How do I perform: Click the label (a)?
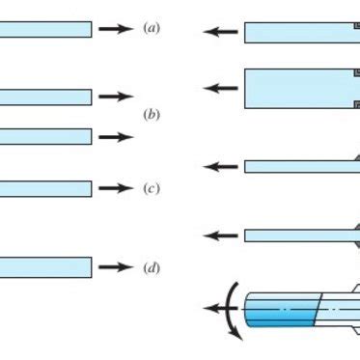[151, 29]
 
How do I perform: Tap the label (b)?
[151, 115]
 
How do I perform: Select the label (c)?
[151, 188]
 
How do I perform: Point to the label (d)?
[151, 267]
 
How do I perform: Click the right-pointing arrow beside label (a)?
[117, 29]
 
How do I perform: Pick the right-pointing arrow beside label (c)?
[117, 188]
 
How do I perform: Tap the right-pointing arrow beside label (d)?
[117, 267]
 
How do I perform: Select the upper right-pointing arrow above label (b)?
[117, 97]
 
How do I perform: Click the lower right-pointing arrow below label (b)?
[117, 137]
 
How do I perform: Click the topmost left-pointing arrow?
[220, 33]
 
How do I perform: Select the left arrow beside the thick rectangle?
[220, 88]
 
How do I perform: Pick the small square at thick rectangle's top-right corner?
[355, 73]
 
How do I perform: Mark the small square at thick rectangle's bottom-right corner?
[356, 104]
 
